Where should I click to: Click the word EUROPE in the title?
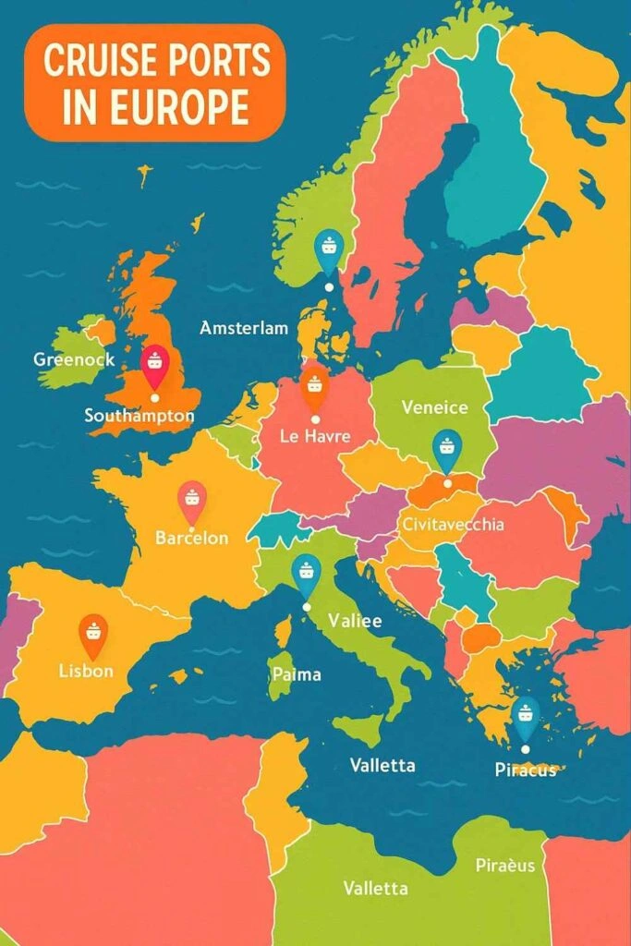[191, 107]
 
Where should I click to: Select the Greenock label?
[75, 358]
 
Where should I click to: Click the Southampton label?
[139, 416]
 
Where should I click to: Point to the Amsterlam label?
[244, 328]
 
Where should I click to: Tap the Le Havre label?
[316, 436]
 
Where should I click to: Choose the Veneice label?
[434, 407]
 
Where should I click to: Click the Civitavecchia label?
[454, 524]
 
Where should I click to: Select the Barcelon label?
[191, 538]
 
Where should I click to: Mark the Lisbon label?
[85, 671]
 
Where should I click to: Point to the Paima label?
[297, 674]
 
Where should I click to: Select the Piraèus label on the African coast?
[504, 866]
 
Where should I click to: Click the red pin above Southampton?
[154, 362]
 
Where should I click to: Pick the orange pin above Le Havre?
[315, 385]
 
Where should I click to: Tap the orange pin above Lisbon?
[93, 633]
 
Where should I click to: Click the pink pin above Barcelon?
[191, 499]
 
